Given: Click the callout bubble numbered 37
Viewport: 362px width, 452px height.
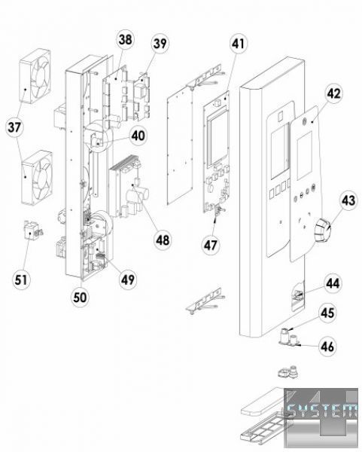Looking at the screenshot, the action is [x=15, y=127].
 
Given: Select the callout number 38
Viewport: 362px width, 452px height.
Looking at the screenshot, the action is [x=125, y=39].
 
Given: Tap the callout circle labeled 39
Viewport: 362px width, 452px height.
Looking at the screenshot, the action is [x=160, y=44].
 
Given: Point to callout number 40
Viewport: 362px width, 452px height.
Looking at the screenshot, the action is [x=138, y=136].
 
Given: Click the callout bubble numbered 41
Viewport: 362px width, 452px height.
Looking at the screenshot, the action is [x=239, y=44].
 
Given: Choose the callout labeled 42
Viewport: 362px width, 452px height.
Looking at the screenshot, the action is [x=333, y=93].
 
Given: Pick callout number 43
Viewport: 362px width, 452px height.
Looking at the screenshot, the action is [x=348, y=200].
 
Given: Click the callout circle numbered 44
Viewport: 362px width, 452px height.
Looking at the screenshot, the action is [x=333, y=284].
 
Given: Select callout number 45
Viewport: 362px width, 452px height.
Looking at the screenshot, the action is [x=327, y=313].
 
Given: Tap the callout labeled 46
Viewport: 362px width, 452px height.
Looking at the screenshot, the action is [x=327, y=347].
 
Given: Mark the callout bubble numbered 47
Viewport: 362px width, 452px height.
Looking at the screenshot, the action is [x=211, y=246].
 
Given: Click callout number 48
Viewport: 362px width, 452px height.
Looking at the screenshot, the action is [x=163, y=240].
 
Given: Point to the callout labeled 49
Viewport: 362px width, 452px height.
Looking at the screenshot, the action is [x=128, y=279].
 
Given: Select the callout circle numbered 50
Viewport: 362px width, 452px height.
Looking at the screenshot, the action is [x=80, y=298].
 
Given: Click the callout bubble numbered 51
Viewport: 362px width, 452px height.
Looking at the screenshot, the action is [x=21, y=279].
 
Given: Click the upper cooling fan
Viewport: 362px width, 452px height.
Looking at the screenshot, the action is [x=35, y=76].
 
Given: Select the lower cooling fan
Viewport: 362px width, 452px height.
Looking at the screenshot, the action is [x=38, y=177].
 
